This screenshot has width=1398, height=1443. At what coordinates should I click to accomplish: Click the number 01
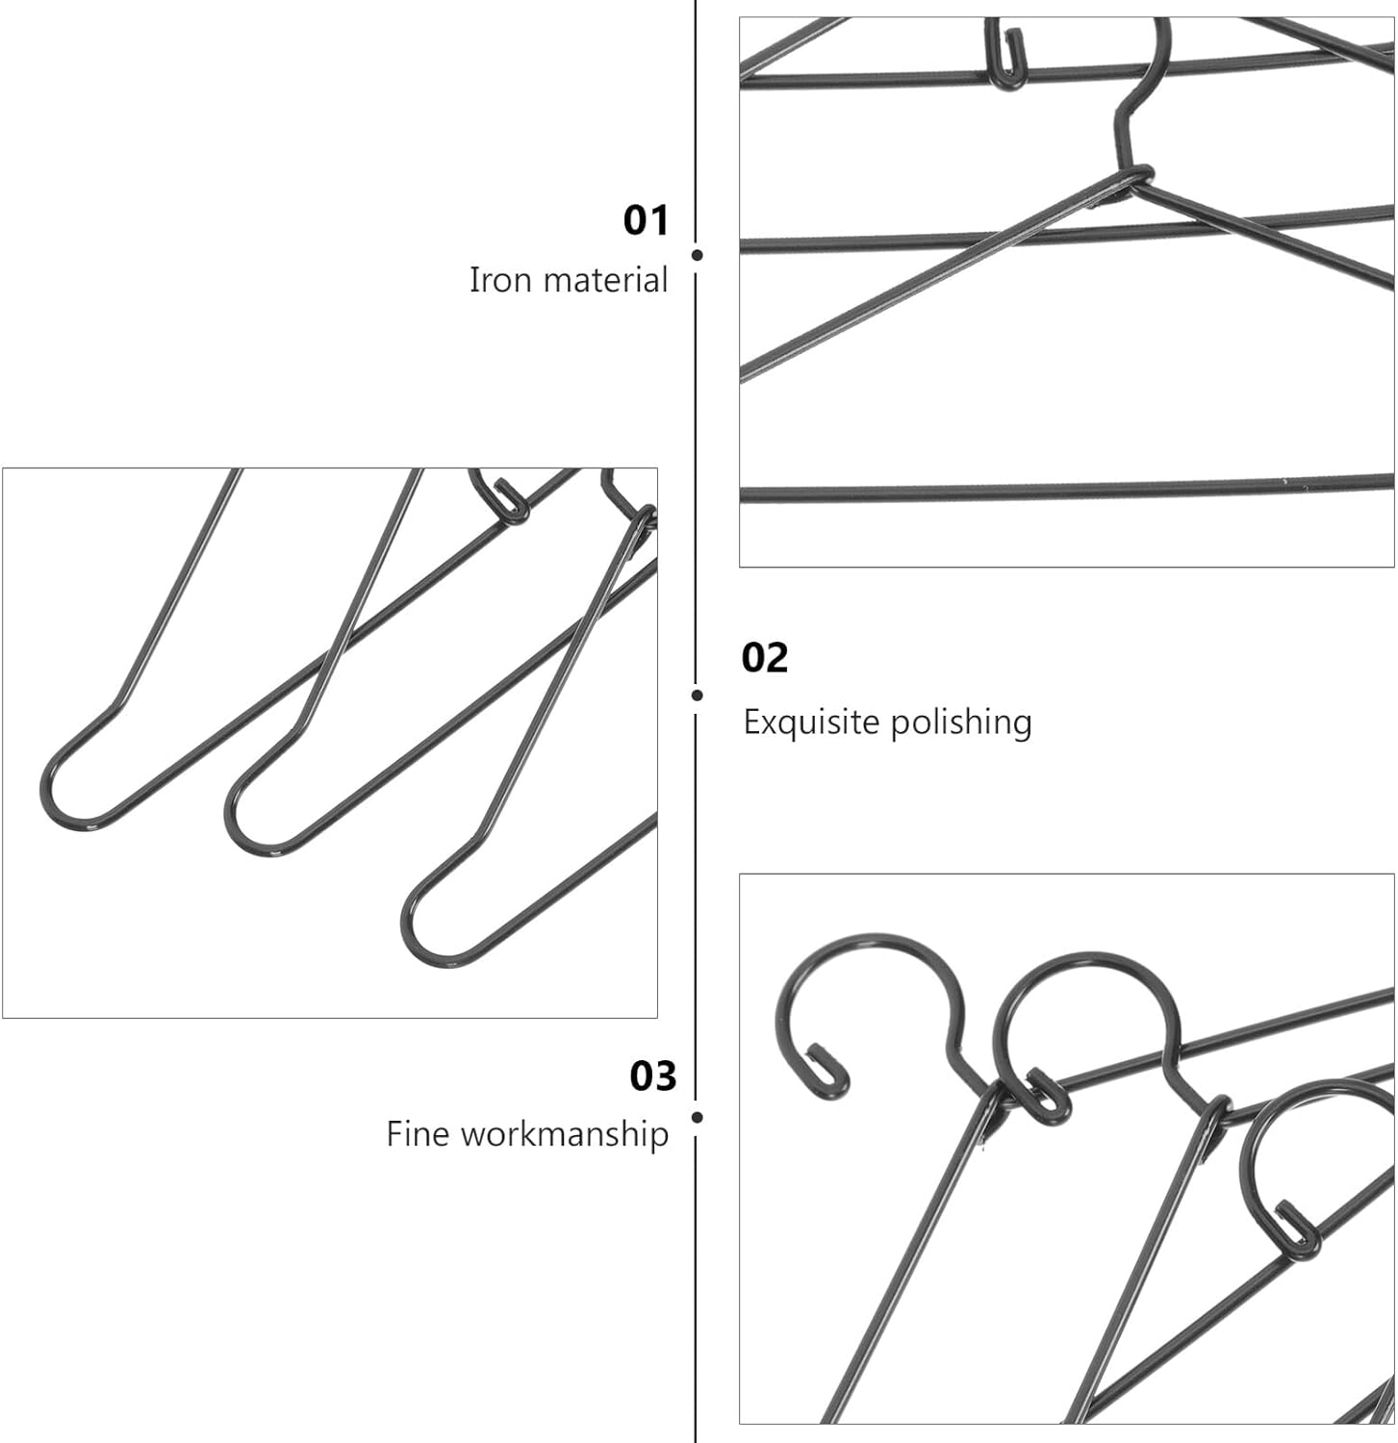pos(645,220)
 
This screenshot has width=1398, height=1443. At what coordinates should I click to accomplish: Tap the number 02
pos(765,658)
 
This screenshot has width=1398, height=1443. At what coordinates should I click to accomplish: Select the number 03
pos(653,1076)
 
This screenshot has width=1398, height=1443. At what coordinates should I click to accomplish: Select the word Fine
pos(419,1133)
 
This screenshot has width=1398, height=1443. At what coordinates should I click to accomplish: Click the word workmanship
pos(565,1133)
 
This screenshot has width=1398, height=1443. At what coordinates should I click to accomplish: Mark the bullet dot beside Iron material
pos(698,255)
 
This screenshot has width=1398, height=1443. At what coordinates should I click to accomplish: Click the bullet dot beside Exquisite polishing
pos(698,695)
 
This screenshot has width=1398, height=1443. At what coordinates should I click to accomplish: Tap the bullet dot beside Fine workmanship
pos(698,1117)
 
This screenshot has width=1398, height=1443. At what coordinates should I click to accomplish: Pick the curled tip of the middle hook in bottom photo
pos(1046,1095)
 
